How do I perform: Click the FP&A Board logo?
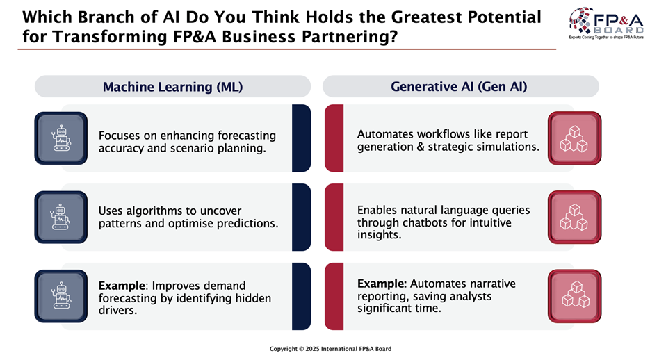(606, 23)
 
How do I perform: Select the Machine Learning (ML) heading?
(172, 87)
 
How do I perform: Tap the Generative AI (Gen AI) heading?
(459, 86)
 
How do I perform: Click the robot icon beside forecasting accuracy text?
(61, 138)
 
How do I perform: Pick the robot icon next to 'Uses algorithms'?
(61, 217)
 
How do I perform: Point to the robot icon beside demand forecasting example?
(61, 296)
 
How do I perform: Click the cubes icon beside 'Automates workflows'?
(574, 138)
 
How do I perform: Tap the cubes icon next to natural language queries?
(574, 217)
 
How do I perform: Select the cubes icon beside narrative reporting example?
(574, 296)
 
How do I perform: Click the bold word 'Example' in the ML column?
(122, 286)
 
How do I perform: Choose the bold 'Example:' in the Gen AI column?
(382, 284)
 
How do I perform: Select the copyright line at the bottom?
(330, 349)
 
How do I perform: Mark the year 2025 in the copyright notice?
(313, 349)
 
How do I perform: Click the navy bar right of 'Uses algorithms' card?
(302, 217)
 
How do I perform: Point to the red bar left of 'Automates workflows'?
(334, 138)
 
